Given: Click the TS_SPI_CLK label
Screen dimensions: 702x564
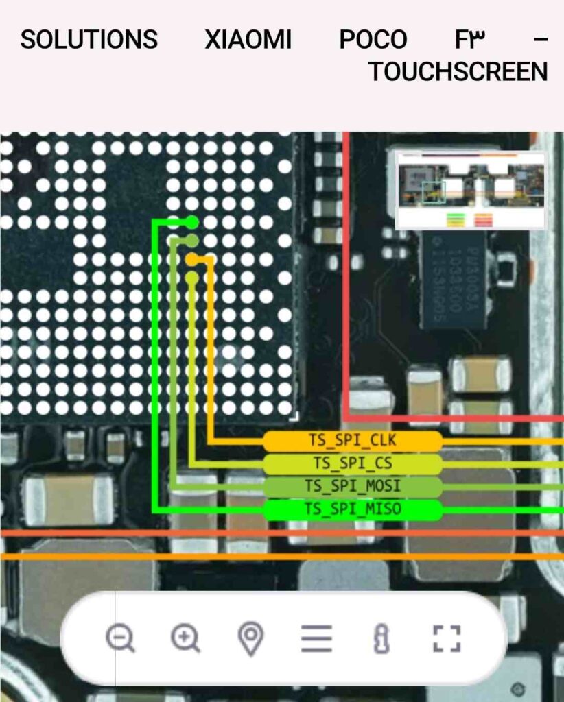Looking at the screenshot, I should coord(353,441).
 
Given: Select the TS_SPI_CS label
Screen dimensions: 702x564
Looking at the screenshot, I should coord(353,464).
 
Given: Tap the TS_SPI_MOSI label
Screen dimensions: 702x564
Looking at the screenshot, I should coord(353,487).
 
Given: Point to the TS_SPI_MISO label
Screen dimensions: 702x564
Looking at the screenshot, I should coord(353,509).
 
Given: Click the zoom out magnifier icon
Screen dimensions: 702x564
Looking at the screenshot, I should coord(120,638).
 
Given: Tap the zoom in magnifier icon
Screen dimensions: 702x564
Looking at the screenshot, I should coord(185,638).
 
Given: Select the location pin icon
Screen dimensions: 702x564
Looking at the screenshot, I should coord(250,638).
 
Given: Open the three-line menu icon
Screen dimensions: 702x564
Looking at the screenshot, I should coord(316,638).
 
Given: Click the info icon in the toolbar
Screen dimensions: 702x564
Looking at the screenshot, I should coord(381,638).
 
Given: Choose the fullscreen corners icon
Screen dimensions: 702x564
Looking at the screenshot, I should coord(447,638).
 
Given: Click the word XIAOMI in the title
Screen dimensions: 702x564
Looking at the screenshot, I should coord(248,40).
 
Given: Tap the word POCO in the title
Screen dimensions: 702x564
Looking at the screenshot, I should coord(373,40).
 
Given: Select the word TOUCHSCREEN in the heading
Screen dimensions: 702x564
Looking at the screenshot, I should coord(458,71).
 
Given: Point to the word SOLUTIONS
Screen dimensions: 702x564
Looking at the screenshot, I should coord(89,40).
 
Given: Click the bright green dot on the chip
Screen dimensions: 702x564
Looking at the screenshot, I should coord(192,222).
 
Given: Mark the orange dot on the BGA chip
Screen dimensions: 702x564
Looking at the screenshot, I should coord(192,259).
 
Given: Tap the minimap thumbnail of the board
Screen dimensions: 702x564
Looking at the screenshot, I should coord(471,190).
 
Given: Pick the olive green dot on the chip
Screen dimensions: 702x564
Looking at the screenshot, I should coord(192,241).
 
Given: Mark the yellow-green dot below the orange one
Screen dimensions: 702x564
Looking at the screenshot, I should coord(192,278).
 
